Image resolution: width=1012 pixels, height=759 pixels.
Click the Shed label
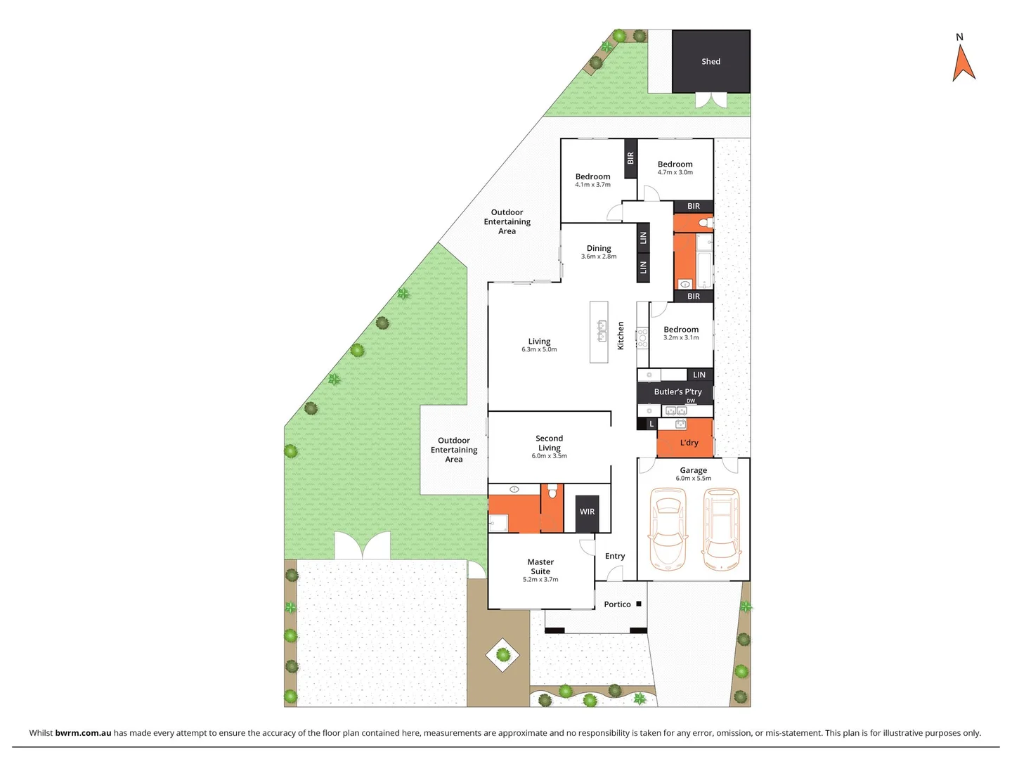tap(711, 62)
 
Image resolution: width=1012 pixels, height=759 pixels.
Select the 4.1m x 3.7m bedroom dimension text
tap(592, 185)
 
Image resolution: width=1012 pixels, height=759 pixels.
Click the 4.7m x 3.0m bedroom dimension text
tap(675, 172)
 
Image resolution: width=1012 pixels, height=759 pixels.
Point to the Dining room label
tap(599, 248)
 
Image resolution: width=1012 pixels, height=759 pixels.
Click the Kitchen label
tap(621, 336)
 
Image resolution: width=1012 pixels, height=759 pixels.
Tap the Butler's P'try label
tap(677, 392)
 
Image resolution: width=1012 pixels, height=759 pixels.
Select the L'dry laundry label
tap(689, 443)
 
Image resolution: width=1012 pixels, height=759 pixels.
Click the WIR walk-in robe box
tap(587, 512)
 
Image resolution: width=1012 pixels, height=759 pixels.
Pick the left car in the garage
tap(667, 529)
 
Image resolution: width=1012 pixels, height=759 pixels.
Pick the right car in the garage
tap(721, 529)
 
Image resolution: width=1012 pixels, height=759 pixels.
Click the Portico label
tap(617, 604)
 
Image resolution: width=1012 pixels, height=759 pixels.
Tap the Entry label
tap(615, 556)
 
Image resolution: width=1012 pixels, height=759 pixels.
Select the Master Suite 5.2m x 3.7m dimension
tap(540, 580)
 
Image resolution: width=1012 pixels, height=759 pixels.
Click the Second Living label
tap(549, 443)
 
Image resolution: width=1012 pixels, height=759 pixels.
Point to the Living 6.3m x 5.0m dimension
tap(539, 349)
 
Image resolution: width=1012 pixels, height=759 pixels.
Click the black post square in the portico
tap(639, 604)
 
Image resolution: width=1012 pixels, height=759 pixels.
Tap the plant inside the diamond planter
tap(502, 655)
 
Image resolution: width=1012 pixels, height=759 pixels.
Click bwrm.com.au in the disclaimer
tap(83, 733)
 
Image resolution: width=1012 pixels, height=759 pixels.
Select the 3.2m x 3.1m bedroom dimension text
tap(681, 337)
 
